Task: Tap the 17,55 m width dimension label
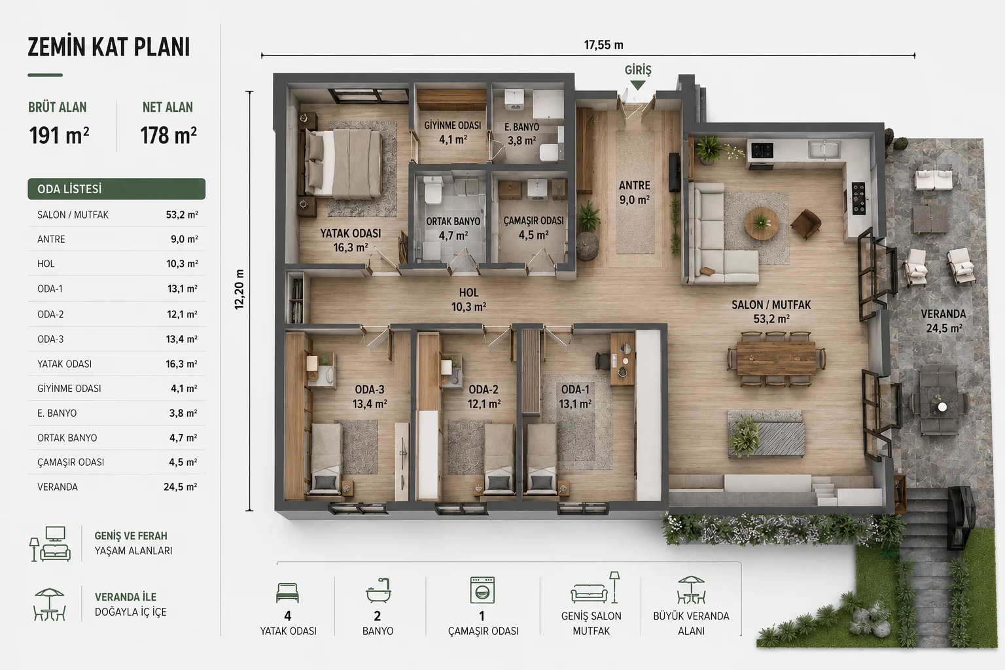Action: click(x=603, y=45)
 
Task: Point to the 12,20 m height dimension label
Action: click(x=239, y=289)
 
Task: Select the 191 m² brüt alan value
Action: click(x=60, y=135)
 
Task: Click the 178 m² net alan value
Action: click(x=168, y=135)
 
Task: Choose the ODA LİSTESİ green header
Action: click(x=116, y=189)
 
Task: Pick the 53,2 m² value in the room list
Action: click(x=182, y=215)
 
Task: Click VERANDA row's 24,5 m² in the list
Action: click(x=181, y=487)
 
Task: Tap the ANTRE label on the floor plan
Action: click(x=635, y=185)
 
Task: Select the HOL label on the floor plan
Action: click(x=468, y=292)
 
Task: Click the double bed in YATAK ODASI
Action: click(x=344, y=164)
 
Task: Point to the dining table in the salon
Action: click(x=776, y=358)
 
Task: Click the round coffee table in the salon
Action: click(x=762, y=223)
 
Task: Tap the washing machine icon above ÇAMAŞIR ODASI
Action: click(x=482, y=590)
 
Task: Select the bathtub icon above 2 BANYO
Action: click(x=378, y=590)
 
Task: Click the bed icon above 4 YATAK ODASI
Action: click(x=288, y=593)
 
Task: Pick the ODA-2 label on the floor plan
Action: click(x=484, y=389)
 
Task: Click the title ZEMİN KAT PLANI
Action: click(x=109, y=47)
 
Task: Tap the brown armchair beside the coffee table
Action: click(x=806, y=224)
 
